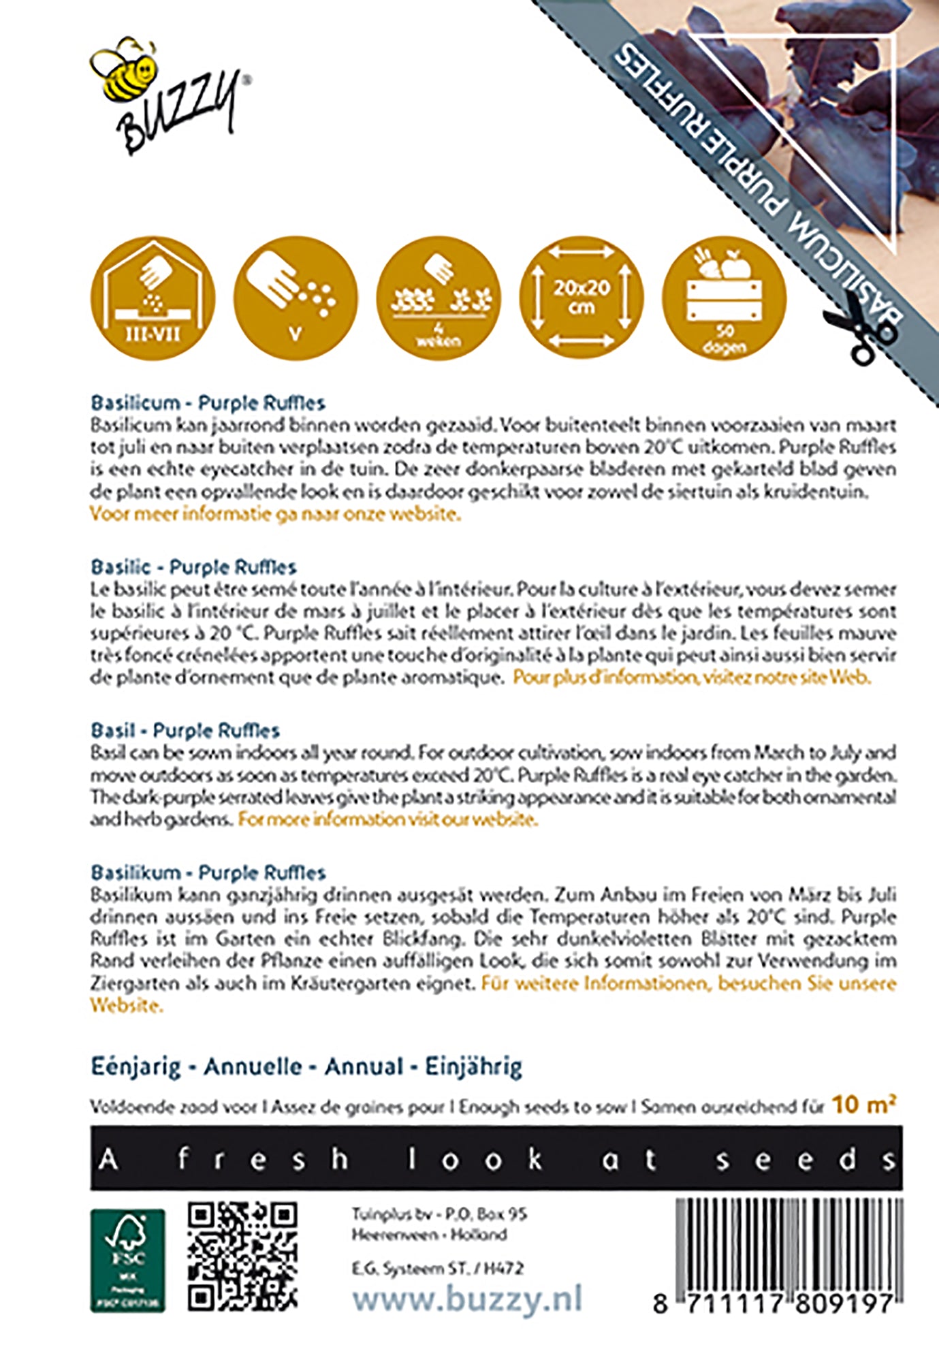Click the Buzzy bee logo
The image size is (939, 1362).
coord(168,95)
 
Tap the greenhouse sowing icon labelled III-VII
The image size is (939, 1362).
coord(153,298)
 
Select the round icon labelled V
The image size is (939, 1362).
coord(295,298)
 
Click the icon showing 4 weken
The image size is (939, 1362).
coord(438,298)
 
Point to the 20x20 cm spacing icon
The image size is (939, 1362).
coord(581,298)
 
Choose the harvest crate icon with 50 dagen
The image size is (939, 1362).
coord(724,298)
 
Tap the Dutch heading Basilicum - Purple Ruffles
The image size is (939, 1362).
coord(208,402)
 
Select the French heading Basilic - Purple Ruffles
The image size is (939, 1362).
coord(194,567)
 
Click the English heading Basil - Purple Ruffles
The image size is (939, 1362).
coord(185,731)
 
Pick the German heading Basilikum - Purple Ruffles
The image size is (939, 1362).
coord(208,872)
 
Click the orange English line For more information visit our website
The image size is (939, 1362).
coord(387,819)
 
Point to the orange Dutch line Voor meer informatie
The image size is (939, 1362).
coord(275,514)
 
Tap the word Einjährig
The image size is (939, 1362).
coord(473,1066)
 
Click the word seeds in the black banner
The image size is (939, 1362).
coord(805,1159)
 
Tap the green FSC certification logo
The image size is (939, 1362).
coord(127,1261)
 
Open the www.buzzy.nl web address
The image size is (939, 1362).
coord(467,1299)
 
